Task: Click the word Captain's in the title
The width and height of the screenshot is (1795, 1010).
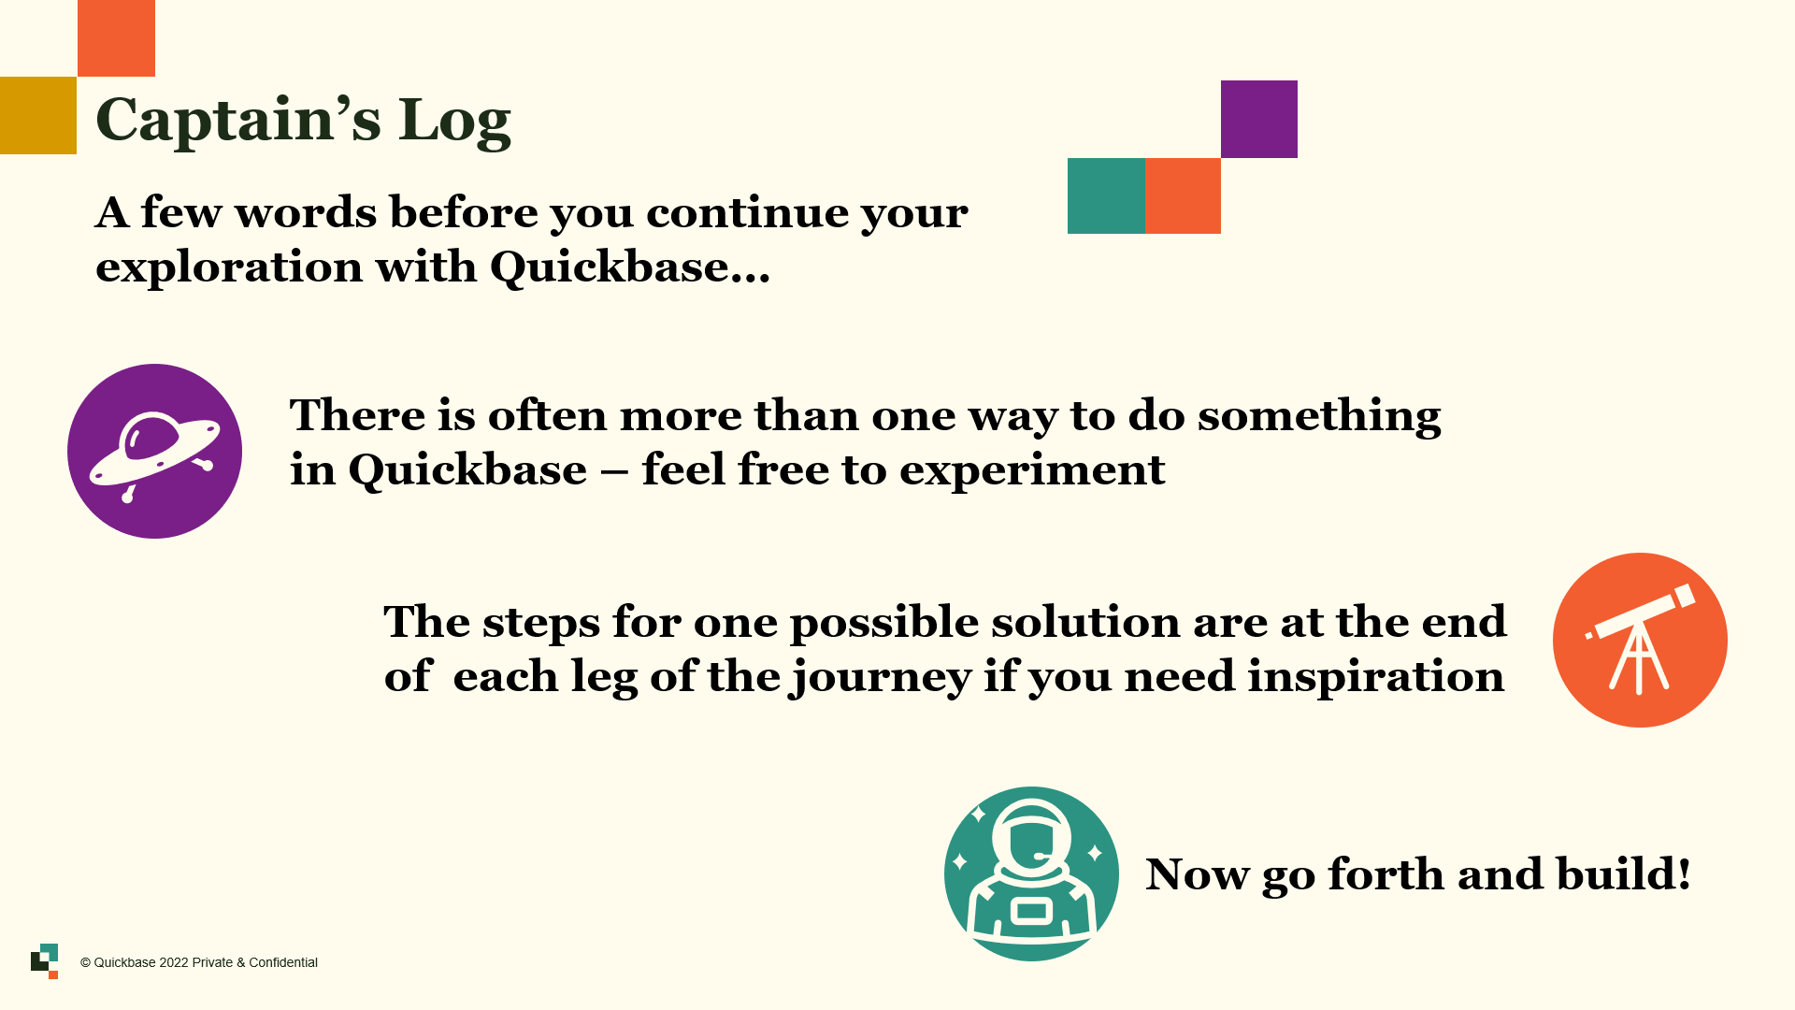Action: coord(238,120)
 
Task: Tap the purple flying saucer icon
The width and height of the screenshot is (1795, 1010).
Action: coord(154,451)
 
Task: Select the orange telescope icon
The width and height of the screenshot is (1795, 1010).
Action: coord(1640,640)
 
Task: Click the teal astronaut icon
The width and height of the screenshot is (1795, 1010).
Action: coord(1031,873)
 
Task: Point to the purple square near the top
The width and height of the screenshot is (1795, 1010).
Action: coord(1259,119)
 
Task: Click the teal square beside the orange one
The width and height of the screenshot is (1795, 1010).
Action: coord(1106,195)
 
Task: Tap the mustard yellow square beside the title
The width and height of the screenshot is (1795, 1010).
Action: coord(38,115)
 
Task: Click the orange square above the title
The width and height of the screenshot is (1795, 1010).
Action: coord(116,38)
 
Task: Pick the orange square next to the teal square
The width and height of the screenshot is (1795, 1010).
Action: coord(1183,195)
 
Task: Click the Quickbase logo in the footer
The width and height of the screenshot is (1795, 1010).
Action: coord(44,961)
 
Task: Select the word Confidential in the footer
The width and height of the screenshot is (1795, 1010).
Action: coord(283,962)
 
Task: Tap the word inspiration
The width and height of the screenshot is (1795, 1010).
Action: coord(1376,677)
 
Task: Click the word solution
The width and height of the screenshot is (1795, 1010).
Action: coord(1086,622)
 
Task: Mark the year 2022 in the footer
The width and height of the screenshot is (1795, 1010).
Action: coord(174,962)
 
